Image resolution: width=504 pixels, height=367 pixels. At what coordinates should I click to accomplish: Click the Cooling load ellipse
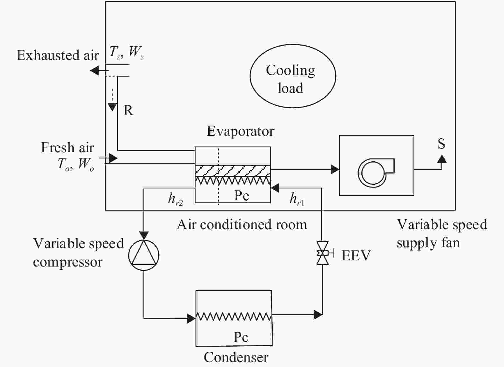[293, 76]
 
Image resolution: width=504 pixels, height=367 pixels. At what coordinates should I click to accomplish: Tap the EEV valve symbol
[322, 253]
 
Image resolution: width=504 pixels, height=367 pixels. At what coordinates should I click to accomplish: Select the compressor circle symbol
[144, 255]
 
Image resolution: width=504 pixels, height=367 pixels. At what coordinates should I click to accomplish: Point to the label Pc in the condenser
[241, 337]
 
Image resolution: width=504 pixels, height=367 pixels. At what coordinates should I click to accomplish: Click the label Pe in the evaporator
[242, 196]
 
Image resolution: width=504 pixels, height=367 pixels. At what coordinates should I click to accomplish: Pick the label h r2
[175, 200]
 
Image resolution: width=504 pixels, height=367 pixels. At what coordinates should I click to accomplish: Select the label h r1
[297, 200]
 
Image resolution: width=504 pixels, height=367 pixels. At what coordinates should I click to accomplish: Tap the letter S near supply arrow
[441, 144]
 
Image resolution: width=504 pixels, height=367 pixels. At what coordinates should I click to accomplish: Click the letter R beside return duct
[128, 111]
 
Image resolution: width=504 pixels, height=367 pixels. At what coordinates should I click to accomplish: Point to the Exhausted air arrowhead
[95, 70]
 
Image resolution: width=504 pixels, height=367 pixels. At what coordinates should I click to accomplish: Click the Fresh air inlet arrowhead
[113, 158]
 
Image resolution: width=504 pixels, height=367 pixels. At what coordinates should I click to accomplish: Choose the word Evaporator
[240, 131]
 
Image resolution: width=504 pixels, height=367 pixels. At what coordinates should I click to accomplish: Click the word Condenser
[236, 357]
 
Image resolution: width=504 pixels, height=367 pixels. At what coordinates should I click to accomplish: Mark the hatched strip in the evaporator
[233, 171]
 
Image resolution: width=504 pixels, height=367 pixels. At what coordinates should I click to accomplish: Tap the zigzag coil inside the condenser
[234, 316]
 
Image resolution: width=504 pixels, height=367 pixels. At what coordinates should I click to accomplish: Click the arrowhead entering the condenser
[191, 318]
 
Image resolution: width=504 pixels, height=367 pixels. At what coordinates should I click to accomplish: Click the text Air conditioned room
[242, 225]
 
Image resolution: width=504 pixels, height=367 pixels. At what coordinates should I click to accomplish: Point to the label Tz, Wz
[127, 52]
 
